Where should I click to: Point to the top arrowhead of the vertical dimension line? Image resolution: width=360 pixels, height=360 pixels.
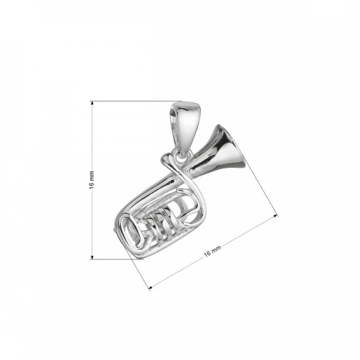(x=92, y=104)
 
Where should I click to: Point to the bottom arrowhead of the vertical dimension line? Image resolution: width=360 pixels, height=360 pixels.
(x=92, y=256)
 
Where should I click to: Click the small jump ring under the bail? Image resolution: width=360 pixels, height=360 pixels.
(x=175, y=153)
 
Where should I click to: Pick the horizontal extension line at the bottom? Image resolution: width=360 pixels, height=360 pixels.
(x=115, y=258)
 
